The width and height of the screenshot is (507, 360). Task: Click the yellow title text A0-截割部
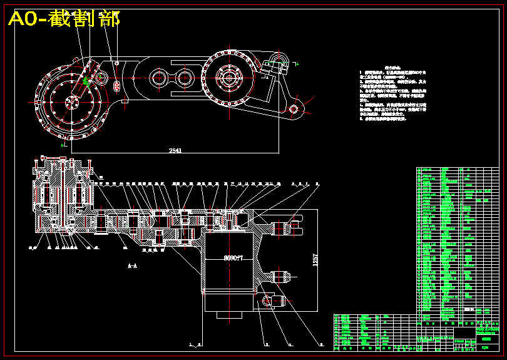coord(64,19)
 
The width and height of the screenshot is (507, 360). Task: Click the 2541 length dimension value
coord(175,150)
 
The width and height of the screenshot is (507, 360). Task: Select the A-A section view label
coord(133,265)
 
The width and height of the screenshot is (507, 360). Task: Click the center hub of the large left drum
coord(71,98)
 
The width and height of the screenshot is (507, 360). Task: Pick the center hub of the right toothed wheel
coord(228,79)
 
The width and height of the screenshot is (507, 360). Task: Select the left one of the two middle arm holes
coord(158,79)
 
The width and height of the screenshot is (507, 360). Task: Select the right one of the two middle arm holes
coord(184,79)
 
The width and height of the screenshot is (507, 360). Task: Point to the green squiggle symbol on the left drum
coord(86,81)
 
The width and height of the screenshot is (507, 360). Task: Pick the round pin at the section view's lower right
coord(267,300)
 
